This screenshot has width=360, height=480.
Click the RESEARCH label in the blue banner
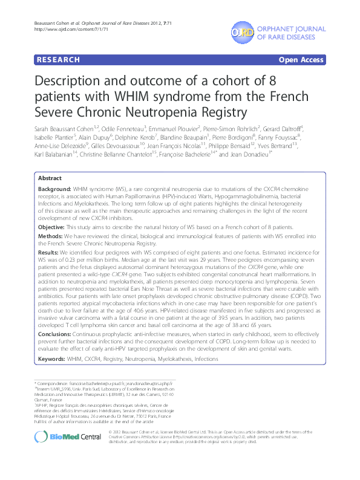(58, 60)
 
